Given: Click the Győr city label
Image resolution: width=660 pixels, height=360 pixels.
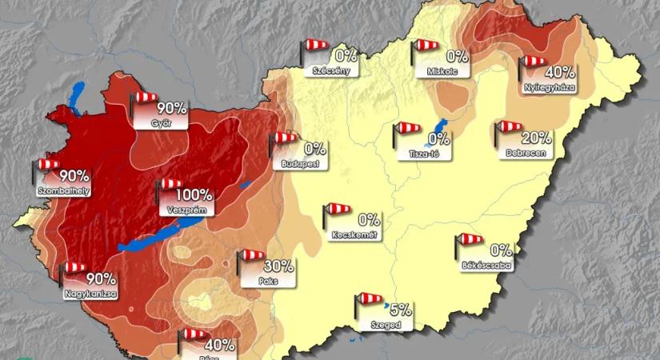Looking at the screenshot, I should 161,124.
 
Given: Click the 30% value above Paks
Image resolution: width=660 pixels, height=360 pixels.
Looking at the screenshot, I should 278,266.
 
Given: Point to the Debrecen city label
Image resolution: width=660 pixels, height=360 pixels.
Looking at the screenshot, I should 525,152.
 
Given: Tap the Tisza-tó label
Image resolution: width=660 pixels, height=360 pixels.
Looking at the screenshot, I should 422,154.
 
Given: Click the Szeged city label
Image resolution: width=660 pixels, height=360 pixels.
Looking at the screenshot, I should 386,326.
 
